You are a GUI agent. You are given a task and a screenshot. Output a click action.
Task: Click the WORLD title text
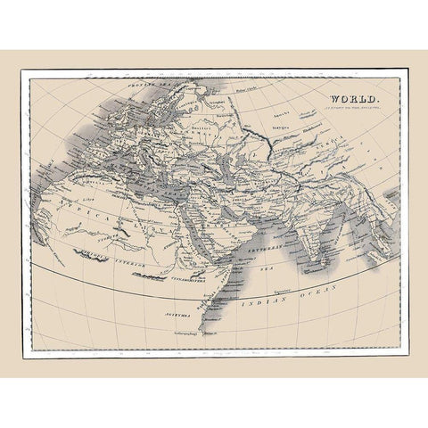pos(355,100)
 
